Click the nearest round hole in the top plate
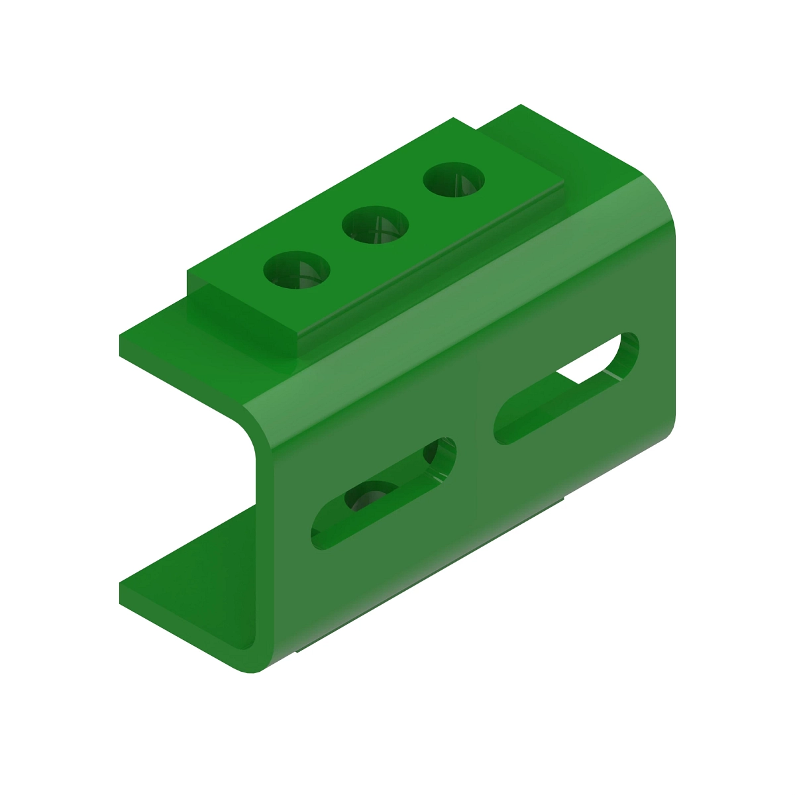click(x=297, y=270)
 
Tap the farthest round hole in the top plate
click(x=454, y=180)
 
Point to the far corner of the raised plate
click(x=454, y=119)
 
